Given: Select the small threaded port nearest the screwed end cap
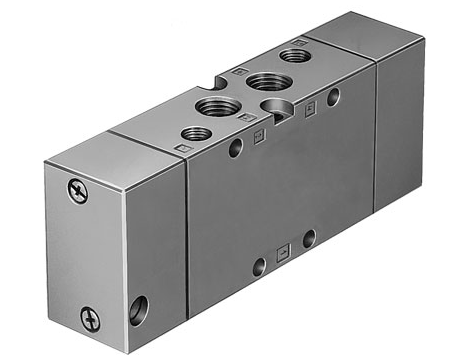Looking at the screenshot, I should click(x=194, y=132).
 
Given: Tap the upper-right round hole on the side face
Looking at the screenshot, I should click(x=332, y=96).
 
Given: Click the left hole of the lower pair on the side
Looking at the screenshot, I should click(x=259, y=265).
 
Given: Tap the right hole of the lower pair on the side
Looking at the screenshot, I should click(x=309, y=238).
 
